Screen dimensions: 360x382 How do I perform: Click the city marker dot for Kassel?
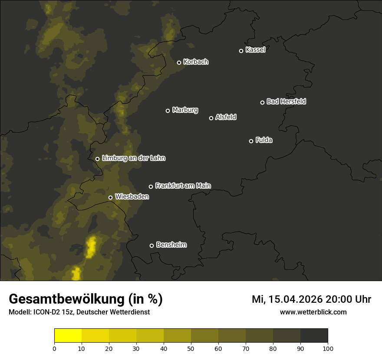tap(241, 51)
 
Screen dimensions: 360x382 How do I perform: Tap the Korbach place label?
tap(196, 62)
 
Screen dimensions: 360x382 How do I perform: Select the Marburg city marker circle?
tap(168, 111)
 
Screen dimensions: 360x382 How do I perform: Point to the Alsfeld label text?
tap(226, 117)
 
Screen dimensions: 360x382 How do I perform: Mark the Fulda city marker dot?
tap(251, 141)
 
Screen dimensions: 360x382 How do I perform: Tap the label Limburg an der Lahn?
tap(133, 158)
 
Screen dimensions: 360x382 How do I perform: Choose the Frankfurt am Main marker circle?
tap(151, 187)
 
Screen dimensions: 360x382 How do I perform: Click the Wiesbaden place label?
tap(132, 197)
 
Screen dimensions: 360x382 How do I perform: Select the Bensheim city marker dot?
tap(151, 245)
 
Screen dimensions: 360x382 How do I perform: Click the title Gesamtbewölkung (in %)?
tap(86, 299)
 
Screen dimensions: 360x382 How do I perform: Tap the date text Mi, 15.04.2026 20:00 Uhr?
tap(311, 299)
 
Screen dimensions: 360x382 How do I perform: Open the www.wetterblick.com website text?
tap(313, 312)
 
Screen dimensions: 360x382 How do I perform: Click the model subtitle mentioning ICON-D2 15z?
tap(79, 312)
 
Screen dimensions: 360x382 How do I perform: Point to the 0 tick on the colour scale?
tap(54, 348)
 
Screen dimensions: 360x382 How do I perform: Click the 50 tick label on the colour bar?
tap(191, 348)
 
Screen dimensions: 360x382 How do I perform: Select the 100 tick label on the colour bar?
tap(328, 348)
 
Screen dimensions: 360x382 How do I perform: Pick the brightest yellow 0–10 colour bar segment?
tap(68, 336)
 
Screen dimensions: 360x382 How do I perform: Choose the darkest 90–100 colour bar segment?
tap(314, 336)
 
